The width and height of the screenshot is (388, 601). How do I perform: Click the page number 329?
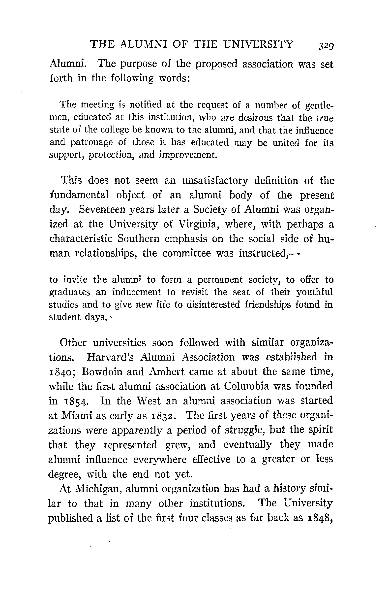(326, 46)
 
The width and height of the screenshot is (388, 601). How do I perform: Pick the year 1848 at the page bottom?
(320, 518)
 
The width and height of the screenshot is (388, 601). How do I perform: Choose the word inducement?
(137, 292)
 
